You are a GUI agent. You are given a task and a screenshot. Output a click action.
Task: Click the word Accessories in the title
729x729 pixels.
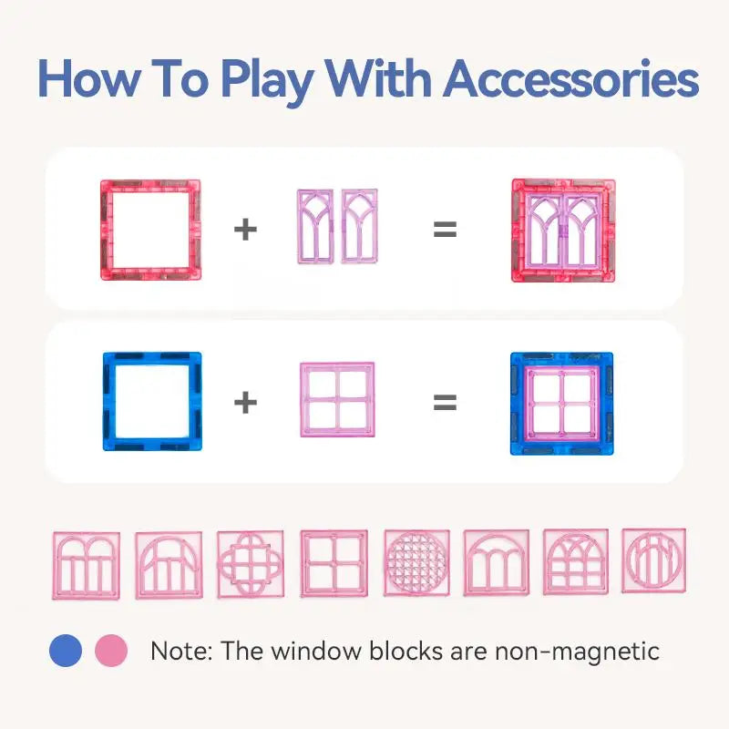[x=571, y=81]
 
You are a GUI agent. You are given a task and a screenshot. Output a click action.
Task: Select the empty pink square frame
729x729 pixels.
[x=150, y=230]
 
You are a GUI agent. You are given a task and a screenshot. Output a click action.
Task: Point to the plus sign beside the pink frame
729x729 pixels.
[x=245, y=229]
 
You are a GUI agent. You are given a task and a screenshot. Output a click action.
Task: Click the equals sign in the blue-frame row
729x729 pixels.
[x=444, y=402]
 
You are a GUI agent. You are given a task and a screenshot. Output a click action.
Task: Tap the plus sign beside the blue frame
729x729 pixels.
[x=245, y=402]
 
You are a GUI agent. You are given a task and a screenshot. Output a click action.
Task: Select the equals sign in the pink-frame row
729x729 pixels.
[x=444, y=229]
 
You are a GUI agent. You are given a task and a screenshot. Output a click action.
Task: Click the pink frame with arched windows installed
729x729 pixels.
[x=562, y=230]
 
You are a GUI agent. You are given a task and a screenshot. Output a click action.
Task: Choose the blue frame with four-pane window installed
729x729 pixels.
[x=561, y=403]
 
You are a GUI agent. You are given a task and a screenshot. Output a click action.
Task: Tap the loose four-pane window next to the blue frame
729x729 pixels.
[x=337, y=402]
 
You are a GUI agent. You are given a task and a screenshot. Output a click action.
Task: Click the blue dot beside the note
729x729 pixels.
[x=66, y=651]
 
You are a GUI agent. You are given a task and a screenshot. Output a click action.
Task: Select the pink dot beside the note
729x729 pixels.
[x=112, y=651]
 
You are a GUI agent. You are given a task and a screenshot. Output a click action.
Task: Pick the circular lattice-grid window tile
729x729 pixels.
[x=416, y=563]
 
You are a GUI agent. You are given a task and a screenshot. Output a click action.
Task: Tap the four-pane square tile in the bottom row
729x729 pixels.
[x=334, y=563]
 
